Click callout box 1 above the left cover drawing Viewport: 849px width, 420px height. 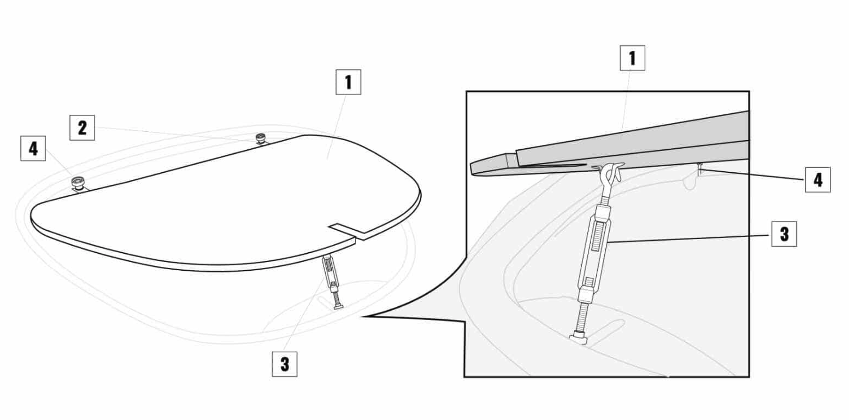[x=348, y=82]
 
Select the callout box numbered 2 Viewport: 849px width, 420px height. [x=82, y=127]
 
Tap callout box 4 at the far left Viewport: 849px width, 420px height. [x=33, y=148]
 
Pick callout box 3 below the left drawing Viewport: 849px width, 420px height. [x=285, y=364]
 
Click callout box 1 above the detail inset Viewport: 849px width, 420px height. [x=632, y=58]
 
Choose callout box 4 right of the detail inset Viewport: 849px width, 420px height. [x=818, y=180]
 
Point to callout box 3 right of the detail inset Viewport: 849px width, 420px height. [x=784, y=234]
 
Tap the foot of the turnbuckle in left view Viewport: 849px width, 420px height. [x=339, y=306]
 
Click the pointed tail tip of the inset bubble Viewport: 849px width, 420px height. [x=361, y=316]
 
